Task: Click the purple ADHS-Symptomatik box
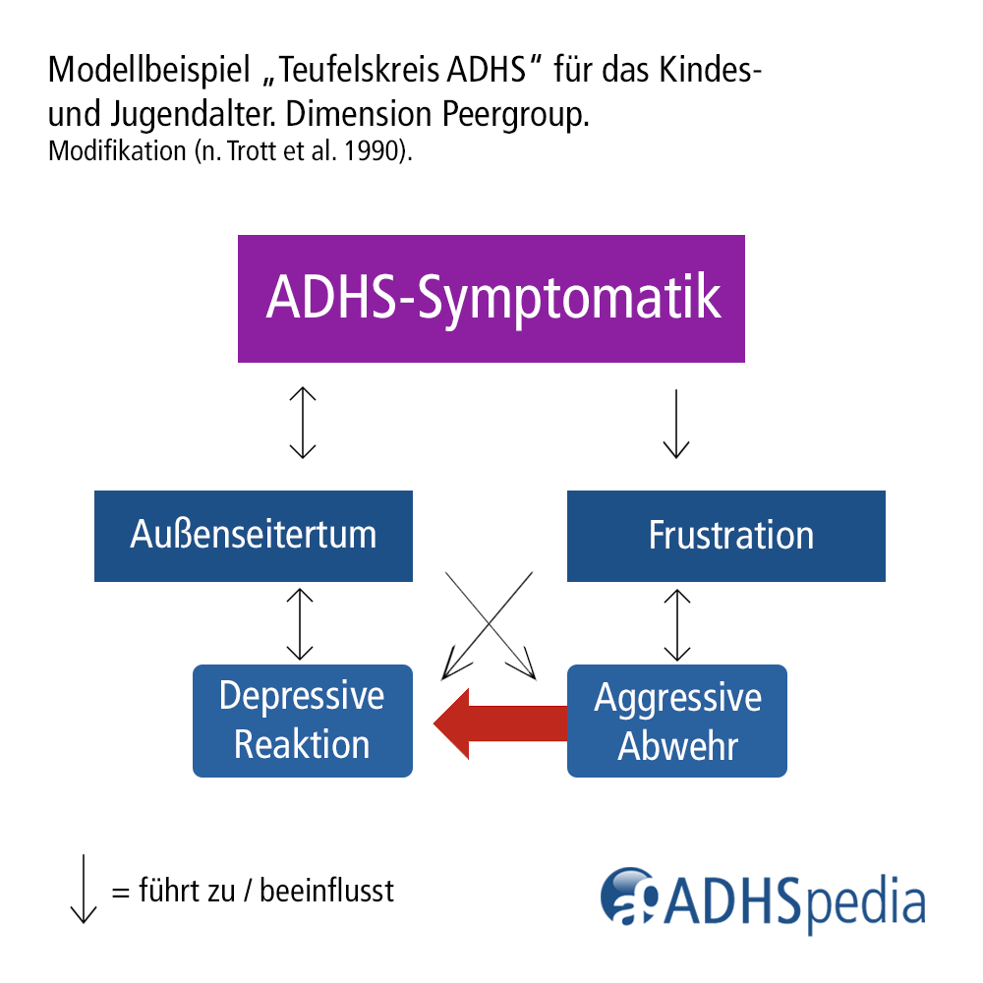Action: click(x=491, y=299)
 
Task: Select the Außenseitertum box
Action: click(x=254, y=536)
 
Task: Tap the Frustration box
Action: click(x=726, y=536)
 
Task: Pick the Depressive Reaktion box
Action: click(x=302, y=721)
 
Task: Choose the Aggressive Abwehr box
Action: click(x=677, y=721)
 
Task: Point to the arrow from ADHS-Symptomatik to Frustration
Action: click(x=675, y=424)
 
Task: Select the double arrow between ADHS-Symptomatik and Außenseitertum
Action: click(x=302, y=424)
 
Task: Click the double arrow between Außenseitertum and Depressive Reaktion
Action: click(x=299, y=624)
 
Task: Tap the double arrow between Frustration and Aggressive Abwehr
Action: click(x=675, y=624)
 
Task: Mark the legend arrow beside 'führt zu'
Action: click(x=84, y=889)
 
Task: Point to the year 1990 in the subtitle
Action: click(x=376, y=153)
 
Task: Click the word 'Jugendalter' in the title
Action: click(x=188, y=116)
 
